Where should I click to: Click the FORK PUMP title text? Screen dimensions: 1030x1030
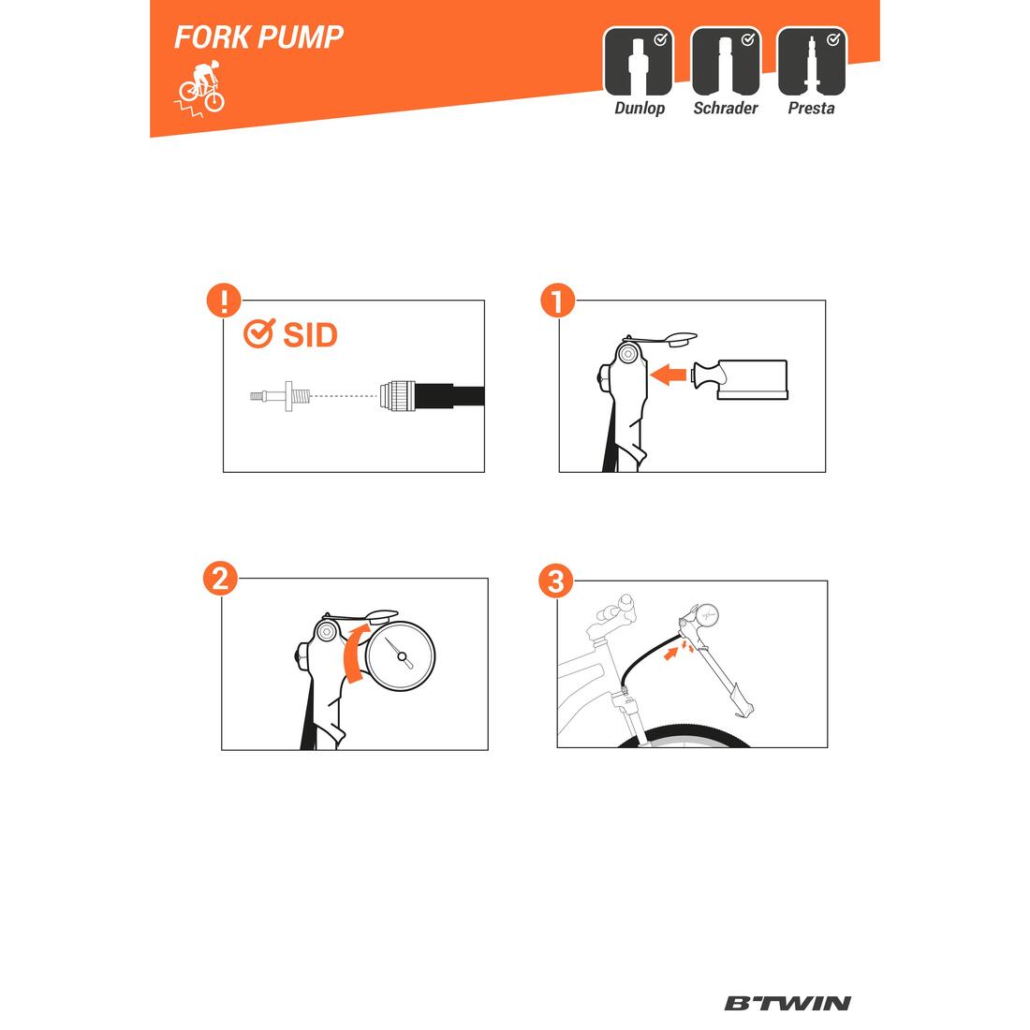tap(258, 37)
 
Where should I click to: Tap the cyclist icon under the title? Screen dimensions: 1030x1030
tap(199, 90)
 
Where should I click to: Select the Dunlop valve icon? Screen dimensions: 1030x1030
tap(638, 61)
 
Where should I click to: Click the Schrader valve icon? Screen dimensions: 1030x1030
tap(726, 61)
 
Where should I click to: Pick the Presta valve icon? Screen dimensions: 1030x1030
tap(812, 61)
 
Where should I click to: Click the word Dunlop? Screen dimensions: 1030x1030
tap(640, 109)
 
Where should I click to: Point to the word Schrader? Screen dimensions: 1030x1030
tap(725, 109)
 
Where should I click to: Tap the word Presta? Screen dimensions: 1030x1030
tap(811, 109)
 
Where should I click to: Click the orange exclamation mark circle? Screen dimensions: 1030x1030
tap(224, 301)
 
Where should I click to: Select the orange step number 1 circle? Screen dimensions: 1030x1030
tap(558, 301)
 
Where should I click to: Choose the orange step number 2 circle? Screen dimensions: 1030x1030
tap(220, 579)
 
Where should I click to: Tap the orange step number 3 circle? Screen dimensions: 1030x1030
tap(555, 581)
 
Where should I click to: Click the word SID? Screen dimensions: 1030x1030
tap(310, 335)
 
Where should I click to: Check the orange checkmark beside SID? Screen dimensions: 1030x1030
tap(258, 333)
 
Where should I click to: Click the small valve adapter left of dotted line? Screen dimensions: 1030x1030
tap(279, 396)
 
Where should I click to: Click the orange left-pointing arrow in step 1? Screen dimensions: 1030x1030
tap(668, 375)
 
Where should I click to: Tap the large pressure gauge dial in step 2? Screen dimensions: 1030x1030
tap(401, 656)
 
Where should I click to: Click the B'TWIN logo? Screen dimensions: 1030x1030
tap(787, 1003)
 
